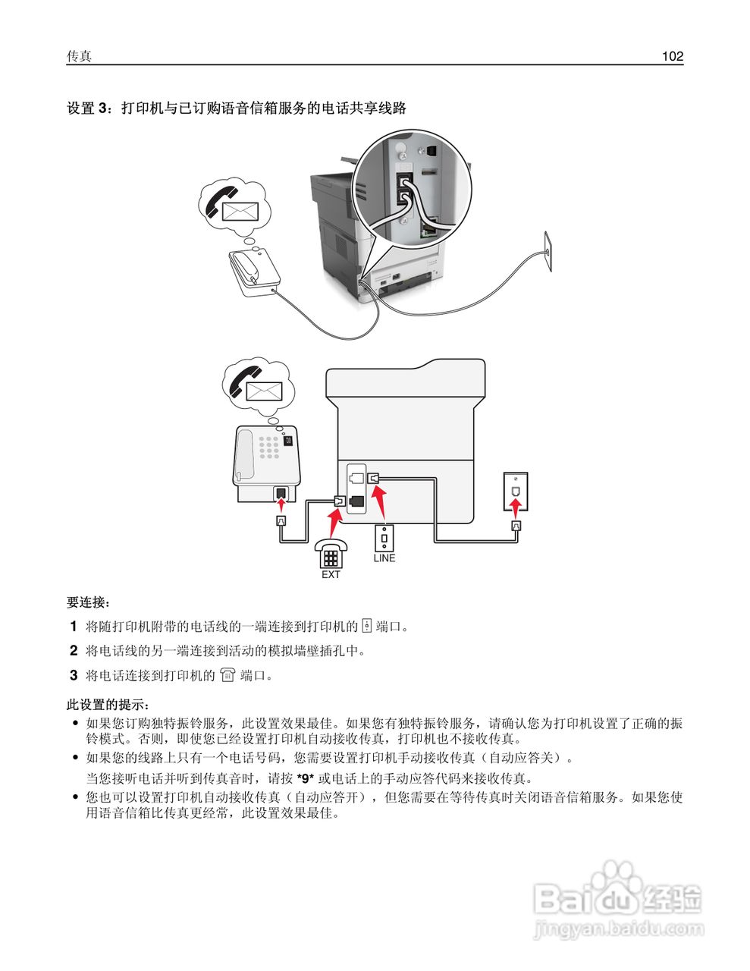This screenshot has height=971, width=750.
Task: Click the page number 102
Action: [x=672, y=56]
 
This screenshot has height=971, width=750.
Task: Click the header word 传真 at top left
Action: [x=79, y=56]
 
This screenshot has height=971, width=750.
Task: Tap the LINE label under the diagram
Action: [x=384, y=558]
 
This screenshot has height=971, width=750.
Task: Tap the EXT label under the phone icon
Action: [x=331, y=575]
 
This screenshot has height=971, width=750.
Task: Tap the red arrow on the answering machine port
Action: [x=281, y=499]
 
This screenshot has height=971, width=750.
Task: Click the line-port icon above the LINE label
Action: [x=384, y=538]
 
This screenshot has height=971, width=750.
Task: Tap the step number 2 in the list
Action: [x=74, y=650]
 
